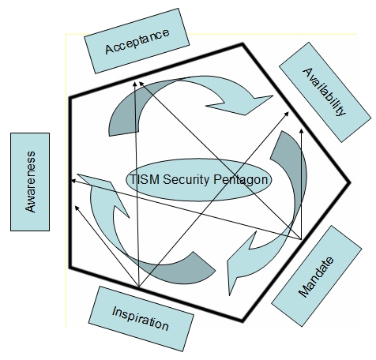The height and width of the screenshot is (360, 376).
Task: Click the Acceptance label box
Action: click(x=137, y=41)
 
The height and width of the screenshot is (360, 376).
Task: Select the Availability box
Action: click(x=325, y=92)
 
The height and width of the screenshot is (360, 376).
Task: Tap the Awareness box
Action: click(x=30, y=182)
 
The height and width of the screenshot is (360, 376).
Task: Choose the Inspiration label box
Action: click(x=141, y=319)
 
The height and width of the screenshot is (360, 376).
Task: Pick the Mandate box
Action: click(x=317, y=276)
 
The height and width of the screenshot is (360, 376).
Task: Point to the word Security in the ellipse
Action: click(x=186, y=180)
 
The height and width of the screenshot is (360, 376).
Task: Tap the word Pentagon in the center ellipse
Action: click(x=240, y=180)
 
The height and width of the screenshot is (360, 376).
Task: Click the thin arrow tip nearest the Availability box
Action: click(x=289, y=112)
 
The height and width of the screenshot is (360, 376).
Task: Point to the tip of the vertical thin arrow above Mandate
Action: click(x=302, y=129)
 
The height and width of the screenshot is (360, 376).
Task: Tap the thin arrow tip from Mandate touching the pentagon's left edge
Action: click(x=72, y=181)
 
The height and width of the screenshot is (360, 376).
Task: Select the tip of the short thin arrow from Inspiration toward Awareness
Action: click(x=75, y=206)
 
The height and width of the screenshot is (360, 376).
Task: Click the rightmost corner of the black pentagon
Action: click(x=350, y=182)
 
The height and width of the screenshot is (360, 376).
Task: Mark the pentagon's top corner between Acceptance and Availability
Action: click(x=243, y=44)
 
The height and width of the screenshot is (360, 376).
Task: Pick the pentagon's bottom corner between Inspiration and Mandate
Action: click(x=243, y=321)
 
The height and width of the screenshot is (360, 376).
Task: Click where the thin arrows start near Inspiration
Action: click(x=139, y=287)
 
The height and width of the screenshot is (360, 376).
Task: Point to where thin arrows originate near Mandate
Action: click(x=302, y=239)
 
